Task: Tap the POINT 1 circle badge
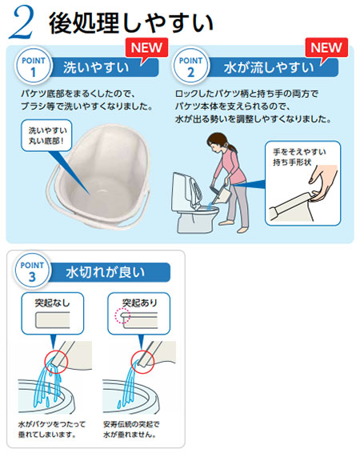34,67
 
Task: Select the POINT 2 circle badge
191,67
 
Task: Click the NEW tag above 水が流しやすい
324,46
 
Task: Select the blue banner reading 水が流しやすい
268,70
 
